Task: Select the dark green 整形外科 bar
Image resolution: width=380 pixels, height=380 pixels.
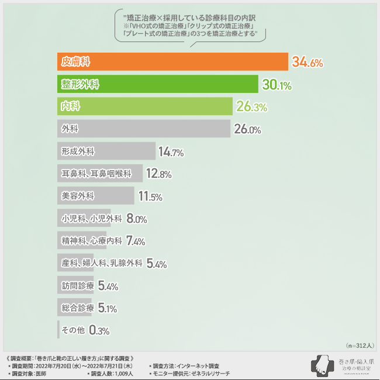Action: tap(158, 84)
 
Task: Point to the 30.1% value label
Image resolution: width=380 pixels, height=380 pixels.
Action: tap(277, 85)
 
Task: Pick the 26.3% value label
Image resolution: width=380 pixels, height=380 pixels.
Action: tap(251, 107)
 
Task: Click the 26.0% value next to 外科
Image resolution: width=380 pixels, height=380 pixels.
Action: tap(247, 129)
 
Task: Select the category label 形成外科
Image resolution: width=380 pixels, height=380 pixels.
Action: tap(78, 151)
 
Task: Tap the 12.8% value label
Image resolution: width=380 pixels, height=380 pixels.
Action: tap(158, 174)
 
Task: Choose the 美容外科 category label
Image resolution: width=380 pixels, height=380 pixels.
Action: tap(78, 195)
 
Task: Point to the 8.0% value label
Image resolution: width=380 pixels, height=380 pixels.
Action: tap(137, 219)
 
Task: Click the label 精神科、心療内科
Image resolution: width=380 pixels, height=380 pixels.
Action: tap(91, 240)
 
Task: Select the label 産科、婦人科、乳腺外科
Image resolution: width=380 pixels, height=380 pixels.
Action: tap(102, 263)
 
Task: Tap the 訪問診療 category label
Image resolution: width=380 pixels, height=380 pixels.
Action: tap(78, 285)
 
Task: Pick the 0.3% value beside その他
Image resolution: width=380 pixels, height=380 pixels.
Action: tap(99, 330)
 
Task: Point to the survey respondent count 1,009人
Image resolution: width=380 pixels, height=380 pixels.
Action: tap(120, 373)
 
